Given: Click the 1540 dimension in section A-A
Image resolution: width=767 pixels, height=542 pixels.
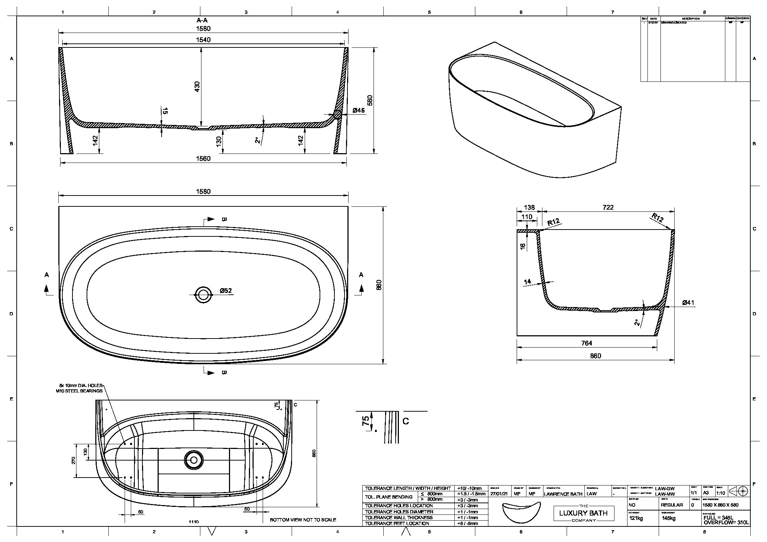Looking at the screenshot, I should click(203, 40).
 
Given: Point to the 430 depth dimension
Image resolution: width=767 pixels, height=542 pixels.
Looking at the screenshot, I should click(197, 87).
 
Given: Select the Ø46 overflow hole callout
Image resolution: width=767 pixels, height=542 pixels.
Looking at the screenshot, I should click(358, 111).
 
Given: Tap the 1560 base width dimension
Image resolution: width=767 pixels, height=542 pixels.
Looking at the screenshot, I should click(203, 159).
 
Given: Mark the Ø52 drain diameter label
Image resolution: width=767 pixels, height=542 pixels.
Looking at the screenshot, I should click(226, 291).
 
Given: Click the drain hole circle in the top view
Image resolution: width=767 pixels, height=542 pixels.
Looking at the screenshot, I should click(203, 295).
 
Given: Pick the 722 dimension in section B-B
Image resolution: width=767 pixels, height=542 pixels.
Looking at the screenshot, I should click(608, 207).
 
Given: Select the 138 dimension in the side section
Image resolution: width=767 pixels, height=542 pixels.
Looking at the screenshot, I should click(529, 207).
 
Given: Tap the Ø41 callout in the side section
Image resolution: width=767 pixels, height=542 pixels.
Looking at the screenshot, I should click(688, 303).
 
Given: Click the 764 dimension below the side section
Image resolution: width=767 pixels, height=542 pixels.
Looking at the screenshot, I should click(587, 343).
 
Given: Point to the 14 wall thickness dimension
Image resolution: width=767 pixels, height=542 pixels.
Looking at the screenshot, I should click(527, 281).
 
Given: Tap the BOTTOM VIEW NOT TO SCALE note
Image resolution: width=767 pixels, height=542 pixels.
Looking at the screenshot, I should click(303, 520).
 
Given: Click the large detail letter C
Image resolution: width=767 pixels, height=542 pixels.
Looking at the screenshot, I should click(406, 421).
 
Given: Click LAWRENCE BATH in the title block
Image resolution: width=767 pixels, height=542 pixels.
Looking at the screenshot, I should click(563, 494).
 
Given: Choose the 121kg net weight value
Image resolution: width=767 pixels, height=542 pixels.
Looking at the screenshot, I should click(636, 518).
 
